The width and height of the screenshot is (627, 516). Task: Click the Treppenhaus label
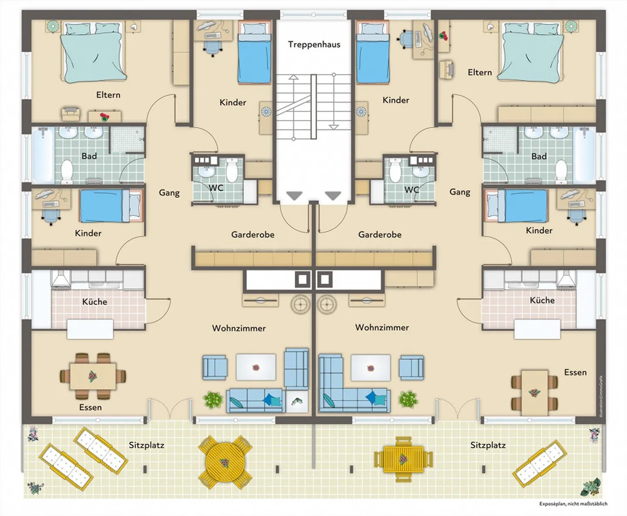tap(314, 44)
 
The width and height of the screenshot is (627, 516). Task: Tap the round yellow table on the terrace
tap(225, 462)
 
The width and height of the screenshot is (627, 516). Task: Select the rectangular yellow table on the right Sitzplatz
tap(403, 459)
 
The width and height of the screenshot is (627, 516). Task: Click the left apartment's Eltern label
tap(108, 95)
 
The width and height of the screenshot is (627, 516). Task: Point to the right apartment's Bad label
tap(539, 156)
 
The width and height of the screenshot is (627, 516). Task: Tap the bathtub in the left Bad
tap(42, 155)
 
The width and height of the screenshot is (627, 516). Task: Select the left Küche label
tap(94, 302)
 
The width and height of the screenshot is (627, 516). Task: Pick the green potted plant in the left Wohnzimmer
tap(213, 399)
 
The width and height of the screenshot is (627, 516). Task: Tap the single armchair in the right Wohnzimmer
tap(411, 367)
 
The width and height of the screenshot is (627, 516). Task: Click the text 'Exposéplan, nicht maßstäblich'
tap(573, 504)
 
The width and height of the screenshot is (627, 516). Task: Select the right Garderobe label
tap(380, 235)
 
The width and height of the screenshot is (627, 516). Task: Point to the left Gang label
tap(169, 193)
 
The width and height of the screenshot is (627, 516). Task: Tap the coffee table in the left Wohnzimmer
tap(256, 367)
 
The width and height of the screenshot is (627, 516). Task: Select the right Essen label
tap(575, 372)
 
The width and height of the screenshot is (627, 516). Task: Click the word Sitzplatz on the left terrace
tap(146, 445)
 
